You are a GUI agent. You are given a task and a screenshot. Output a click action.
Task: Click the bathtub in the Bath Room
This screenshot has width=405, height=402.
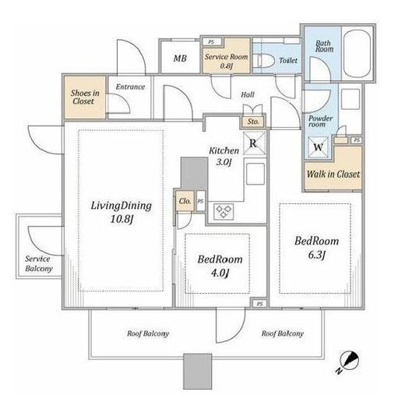(357, 53)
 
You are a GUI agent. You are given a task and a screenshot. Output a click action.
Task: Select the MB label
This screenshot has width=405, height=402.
(180, 58)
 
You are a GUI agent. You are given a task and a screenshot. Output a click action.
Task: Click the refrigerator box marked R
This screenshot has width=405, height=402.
(255, 143)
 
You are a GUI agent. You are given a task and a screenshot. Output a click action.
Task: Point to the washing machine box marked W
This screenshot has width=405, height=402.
(318, 147)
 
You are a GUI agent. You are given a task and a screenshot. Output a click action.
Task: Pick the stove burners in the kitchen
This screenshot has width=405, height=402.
(224, 211)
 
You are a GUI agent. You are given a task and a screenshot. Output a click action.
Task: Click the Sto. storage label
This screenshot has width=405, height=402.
(253, 122)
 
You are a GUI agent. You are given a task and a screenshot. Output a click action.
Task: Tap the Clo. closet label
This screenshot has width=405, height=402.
(185, 201)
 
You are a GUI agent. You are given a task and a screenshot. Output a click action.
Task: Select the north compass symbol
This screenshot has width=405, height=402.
(349, 361)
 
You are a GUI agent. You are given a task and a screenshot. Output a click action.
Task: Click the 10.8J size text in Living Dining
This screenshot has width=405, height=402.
(121, 219)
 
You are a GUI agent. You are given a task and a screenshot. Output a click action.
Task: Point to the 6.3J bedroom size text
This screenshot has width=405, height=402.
(317, 255)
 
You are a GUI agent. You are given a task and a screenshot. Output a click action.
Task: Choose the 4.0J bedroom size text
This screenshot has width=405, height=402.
(220, 273)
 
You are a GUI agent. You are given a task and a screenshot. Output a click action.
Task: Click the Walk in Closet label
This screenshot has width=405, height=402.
(333, 175)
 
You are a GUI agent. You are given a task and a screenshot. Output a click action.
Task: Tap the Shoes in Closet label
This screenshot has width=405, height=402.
(85, 97)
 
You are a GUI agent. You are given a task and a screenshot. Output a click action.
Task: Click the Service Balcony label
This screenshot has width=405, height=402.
(39, 263)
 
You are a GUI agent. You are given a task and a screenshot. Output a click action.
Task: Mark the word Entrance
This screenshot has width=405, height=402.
(130, 86)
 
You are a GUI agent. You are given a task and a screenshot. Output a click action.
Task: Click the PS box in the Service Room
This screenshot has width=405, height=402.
(212, 42)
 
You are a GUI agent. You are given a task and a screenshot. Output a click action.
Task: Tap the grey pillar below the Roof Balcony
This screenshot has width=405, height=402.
(197, 372)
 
